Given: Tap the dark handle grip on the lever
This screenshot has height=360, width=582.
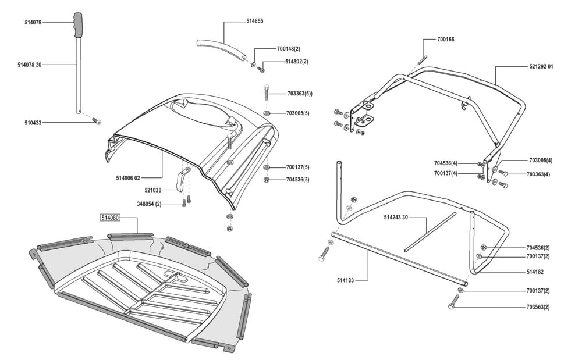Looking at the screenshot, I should tap(80, 24).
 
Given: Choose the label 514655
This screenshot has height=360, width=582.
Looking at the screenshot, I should tap(255, 21).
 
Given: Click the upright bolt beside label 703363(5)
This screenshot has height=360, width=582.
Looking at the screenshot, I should tap(267, 92).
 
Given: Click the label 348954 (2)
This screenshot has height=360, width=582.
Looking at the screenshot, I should tap(149, 204).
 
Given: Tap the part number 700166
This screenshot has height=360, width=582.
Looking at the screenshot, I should tap(446, 40).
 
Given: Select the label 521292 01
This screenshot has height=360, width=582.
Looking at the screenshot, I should tap(541, 66).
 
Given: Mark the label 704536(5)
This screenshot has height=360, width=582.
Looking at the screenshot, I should tap(298, 180).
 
